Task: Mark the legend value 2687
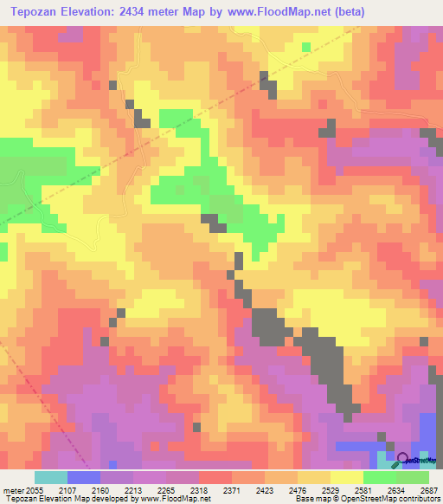click(429, 489)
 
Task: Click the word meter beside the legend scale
click(13, 489)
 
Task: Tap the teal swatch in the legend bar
click(50, 477)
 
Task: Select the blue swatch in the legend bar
click(84, 477)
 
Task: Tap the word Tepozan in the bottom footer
click(19, 499)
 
